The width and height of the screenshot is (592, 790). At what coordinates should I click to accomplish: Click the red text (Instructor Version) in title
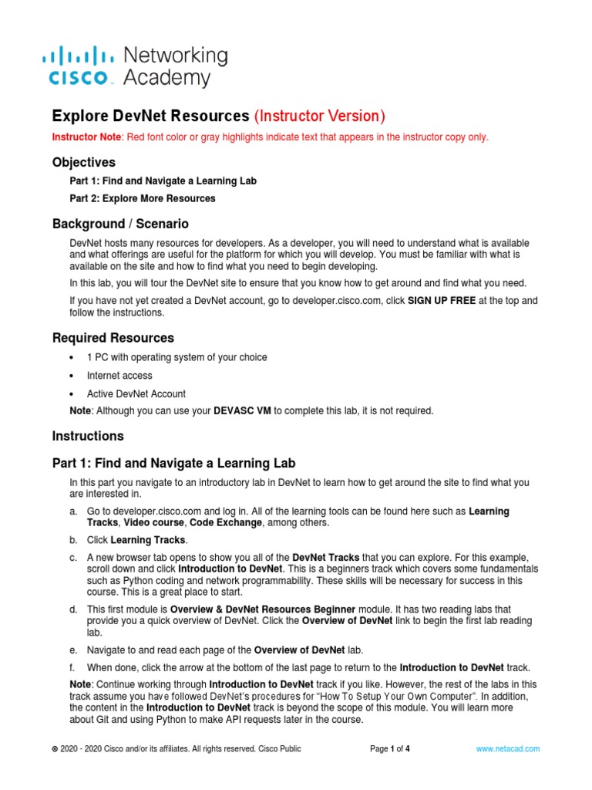319,116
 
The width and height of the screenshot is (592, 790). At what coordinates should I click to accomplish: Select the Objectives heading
84,162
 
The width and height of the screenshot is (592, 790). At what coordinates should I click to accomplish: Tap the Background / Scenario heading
120,224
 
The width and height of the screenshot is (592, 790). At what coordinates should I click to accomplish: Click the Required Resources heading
113,338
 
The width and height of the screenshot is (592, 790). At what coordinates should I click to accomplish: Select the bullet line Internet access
119,376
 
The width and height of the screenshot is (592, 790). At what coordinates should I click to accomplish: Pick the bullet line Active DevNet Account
136,393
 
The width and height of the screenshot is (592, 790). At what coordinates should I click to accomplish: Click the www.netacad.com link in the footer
508,748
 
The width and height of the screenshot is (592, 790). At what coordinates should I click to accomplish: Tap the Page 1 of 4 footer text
390,748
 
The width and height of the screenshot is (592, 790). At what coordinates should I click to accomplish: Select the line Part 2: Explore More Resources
143,198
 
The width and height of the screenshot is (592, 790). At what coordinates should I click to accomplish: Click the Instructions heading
88,436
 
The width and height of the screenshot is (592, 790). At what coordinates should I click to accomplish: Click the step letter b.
72,539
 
